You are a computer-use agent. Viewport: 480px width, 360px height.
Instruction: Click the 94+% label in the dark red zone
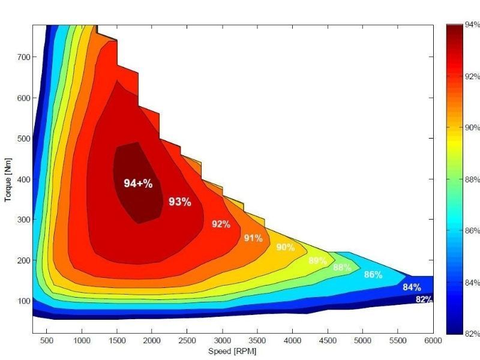click(138, 184)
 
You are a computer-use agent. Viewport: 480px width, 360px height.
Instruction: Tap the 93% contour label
click(179, 202)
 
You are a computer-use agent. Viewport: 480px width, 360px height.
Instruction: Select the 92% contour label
click(221, 224)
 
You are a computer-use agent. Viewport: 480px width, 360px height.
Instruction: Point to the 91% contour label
click(253, 238)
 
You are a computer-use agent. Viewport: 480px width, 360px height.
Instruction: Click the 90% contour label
click(285, 247)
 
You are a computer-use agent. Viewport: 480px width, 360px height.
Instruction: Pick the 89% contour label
click(317, 261)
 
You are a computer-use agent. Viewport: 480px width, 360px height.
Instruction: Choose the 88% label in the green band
click(342, 268)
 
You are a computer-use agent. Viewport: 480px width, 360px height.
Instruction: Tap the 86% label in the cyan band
click(373, 275)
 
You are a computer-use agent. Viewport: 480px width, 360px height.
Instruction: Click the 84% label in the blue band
click(412, 287)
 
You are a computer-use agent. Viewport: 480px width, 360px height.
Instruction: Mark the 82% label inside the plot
click(424, 299)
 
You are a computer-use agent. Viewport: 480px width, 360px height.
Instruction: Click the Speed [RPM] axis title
click(232, 351)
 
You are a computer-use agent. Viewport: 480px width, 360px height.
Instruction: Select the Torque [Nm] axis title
click(8, 179)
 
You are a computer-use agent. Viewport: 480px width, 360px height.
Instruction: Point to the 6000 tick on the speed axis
click(433, 340)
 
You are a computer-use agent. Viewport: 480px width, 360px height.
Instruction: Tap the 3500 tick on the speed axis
click(257, 340)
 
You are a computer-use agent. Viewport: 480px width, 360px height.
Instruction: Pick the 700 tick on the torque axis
click(23, 58)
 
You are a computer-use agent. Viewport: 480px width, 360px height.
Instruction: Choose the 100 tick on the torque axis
click(23, 301)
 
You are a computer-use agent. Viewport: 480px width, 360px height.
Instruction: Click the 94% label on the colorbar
click(472, 25)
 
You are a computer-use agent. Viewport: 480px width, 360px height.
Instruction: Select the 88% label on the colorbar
click(472, 179)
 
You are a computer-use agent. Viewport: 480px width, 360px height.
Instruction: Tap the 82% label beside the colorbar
click(472, 334)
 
